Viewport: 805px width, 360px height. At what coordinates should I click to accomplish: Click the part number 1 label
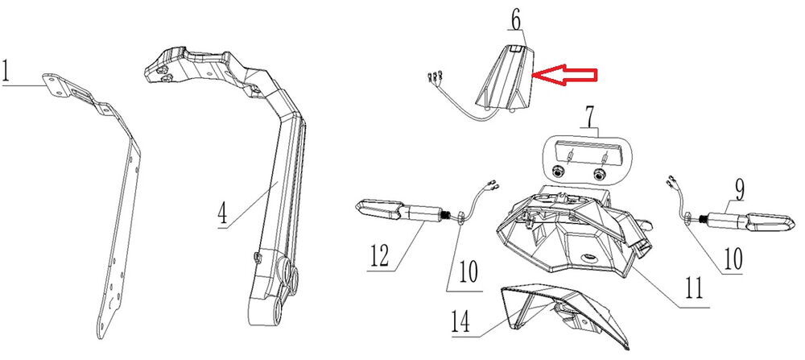point(7,73)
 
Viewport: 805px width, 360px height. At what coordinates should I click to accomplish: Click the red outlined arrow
point(567,76)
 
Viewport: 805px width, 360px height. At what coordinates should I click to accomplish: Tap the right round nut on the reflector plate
point(597,173)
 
